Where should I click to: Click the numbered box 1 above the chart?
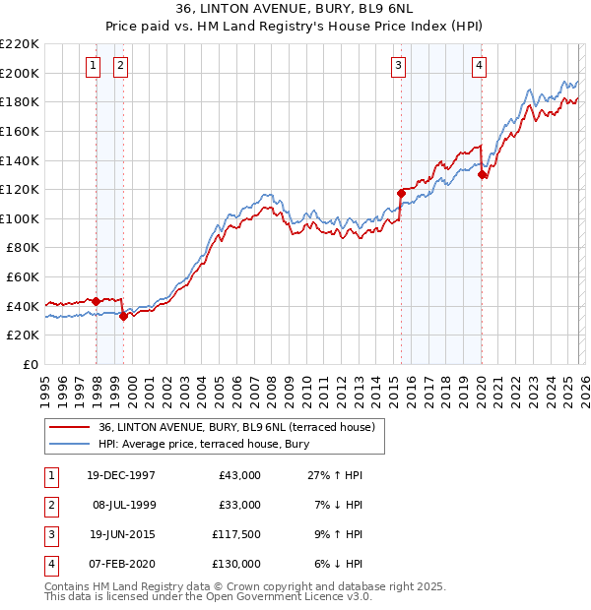[x=93, y=66]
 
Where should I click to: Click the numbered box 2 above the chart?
[x=120, y=66]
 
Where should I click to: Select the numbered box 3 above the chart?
[x=398, y=66]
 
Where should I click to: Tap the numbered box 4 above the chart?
[x=479, y=66]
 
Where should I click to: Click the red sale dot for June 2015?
[x=401, y=193]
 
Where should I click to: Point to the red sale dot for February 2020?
[x=482, y=175]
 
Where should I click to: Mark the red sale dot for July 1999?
[x=123, y=316]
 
